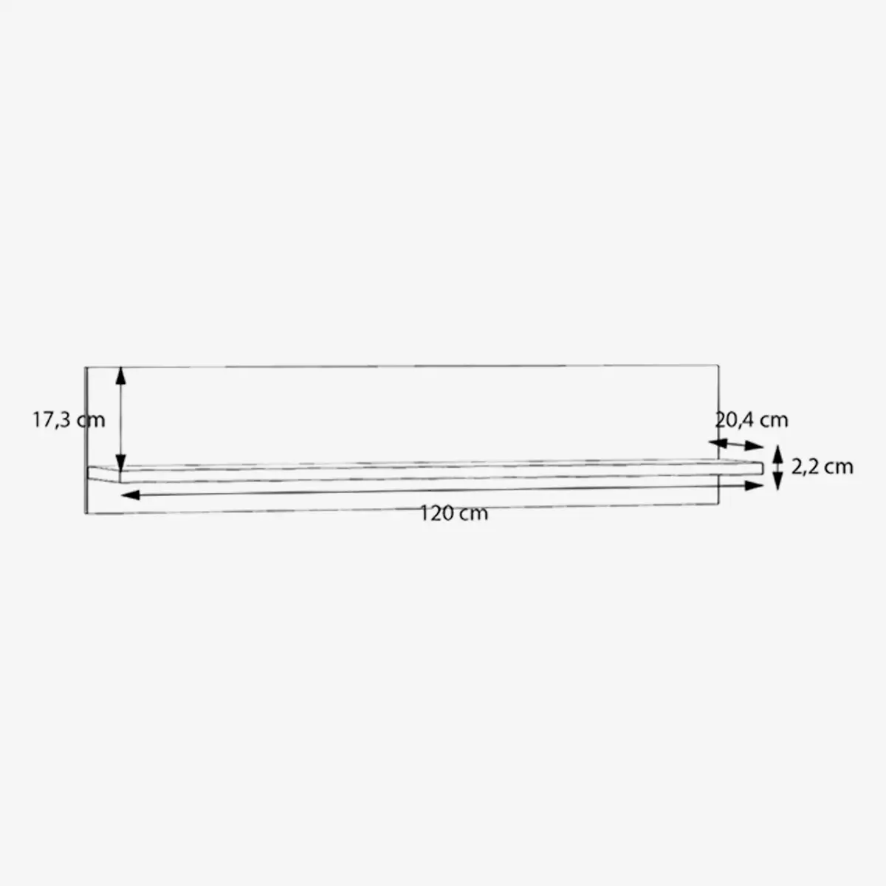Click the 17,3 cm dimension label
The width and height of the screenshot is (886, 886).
[x=69, y=420]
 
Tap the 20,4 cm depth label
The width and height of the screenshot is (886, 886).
[x=752, y=420]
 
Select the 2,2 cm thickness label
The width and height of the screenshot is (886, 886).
[x=822, y=467]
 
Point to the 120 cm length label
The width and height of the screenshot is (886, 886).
[x=454, y=514]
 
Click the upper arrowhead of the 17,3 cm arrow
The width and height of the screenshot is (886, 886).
[x=120, y=376]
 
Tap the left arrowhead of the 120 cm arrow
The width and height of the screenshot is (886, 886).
[x=131, y=495]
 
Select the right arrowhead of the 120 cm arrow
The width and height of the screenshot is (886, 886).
[x=754, y=486]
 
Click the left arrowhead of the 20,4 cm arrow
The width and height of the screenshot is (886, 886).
[x=718, y=443]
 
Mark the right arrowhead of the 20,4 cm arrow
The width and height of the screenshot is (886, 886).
[x=754, y=445]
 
